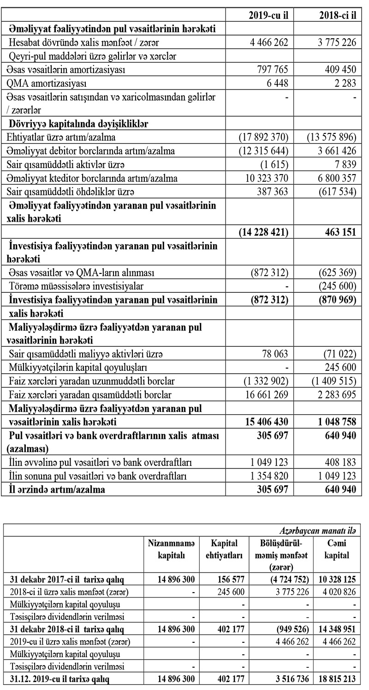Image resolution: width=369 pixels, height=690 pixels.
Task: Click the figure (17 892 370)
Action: [263, 137]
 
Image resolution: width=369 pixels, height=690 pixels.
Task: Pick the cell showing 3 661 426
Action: [334, 151]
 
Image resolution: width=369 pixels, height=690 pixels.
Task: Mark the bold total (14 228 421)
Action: [263, 232]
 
